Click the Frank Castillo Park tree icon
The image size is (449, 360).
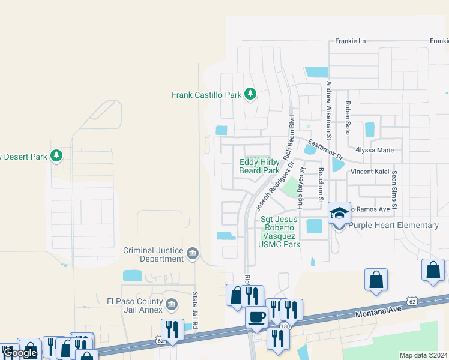250,94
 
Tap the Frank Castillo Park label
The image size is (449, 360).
206,95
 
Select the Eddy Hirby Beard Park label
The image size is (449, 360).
259,166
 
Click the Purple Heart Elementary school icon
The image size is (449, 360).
339,214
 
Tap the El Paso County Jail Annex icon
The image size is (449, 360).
172,305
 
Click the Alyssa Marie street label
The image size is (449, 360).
375,150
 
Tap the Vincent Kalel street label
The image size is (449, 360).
370,172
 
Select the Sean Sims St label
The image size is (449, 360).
394,190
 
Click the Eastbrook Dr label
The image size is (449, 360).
325,150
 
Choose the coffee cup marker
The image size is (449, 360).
257,316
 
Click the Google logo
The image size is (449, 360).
20,353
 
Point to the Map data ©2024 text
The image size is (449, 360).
423,355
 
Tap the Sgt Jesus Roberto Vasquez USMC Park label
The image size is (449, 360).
279,232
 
